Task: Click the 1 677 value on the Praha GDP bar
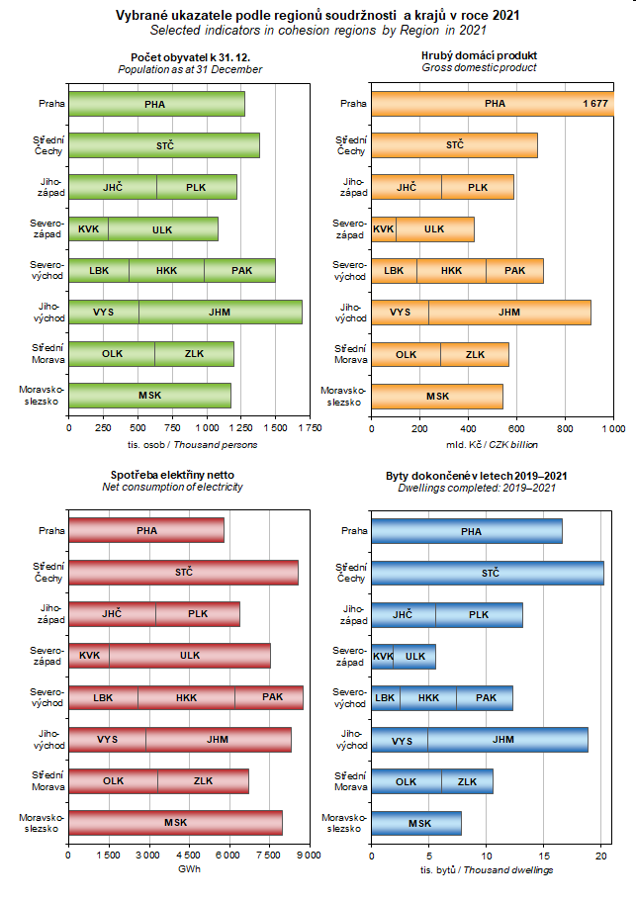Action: click(x=594, y=103)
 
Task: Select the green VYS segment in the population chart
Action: click(x=104, y=312)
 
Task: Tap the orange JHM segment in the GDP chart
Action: click(x=509, y=312)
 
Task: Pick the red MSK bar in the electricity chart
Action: click(x=175, y=822)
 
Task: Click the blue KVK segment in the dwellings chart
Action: click(x=382, y=656)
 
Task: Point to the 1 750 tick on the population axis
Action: click(x=309, y=427)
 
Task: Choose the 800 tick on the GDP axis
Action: click(x=566, y=427)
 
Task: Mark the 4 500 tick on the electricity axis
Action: click(x=188, y=855)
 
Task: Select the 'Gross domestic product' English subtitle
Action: click(x=479, y=68)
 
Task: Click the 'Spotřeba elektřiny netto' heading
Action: click(x=172, y=475)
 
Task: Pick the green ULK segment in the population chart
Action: click(x=162, y=228)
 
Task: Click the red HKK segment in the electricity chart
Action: click(x=186, y=697)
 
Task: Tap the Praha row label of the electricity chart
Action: click(x=51, y=530)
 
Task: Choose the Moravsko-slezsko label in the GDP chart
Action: click(x=344, y=396)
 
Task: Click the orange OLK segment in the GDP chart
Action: click(x=406, y=354)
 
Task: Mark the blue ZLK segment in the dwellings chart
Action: click(x=467, y=780)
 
